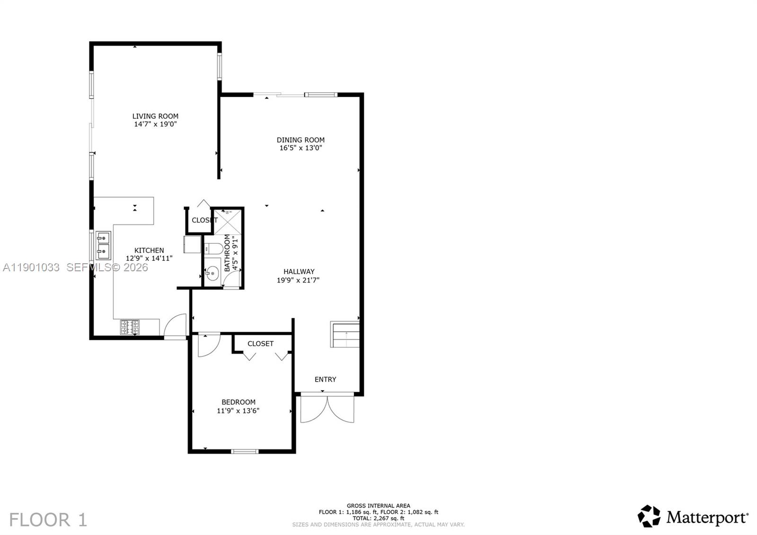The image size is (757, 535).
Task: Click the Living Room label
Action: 155,116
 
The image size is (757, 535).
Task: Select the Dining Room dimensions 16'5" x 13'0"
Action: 301,148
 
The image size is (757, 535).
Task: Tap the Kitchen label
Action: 149,250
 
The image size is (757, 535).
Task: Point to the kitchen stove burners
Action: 130,327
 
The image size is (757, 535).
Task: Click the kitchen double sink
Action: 104,245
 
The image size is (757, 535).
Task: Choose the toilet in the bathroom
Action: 214,249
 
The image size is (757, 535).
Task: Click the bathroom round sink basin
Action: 213,273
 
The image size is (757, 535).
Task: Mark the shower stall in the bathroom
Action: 228,222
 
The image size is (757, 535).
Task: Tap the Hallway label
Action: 299,272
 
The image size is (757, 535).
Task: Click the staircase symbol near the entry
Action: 345,335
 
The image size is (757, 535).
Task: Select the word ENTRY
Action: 326,379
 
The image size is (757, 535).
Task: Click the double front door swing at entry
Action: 327,408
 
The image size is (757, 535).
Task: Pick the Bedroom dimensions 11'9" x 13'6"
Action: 238,410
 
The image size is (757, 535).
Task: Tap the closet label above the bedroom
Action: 260,343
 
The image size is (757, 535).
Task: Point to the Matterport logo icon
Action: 649,516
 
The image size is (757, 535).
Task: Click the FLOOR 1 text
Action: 48,519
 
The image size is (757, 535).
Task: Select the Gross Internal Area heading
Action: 378,506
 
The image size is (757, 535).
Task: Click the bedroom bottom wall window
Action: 245,451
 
